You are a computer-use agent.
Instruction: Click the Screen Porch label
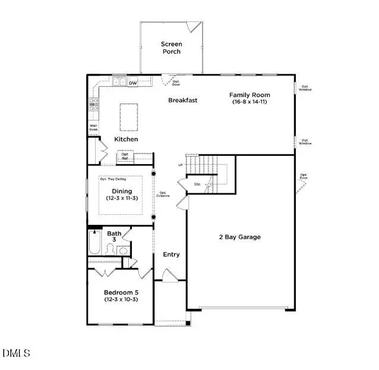tap(172, 48)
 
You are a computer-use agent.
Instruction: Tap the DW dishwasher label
tap(133, 83)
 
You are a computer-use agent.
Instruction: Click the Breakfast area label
tap(182, 100)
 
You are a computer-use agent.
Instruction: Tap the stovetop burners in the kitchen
tap(93, 105)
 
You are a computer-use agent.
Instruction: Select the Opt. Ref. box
tap(125, 156)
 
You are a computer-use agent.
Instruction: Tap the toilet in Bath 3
tap(111, 249)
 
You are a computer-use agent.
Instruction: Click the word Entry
tap(171, 255)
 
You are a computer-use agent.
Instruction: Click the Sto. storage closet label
tap(197, 184)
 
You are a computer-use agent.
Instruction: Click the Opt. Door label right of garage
tap(304, 176)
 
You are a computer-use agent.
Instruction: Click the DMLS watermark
tap(16, 353)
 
